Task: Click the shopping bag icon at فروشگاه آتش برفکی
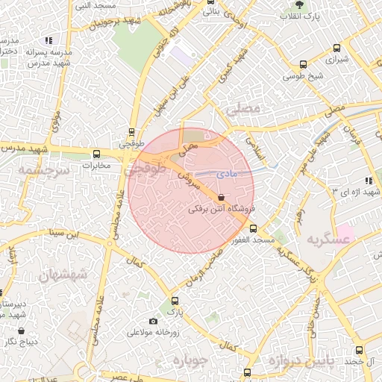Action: (220, 197)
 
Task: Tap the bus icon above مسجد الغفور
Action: (253, 229)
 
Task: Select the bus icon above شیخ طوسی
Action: (302, 64)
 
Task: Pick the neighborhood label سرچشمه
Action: (40, 170)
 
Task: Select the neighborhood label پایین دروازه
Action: (298, 363)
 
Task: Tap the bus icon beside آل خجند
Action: (360, 350)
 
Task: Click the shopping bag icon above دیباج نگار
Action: (20, 331)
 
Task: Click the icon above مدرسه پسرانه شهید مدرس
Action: (48, 40)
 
